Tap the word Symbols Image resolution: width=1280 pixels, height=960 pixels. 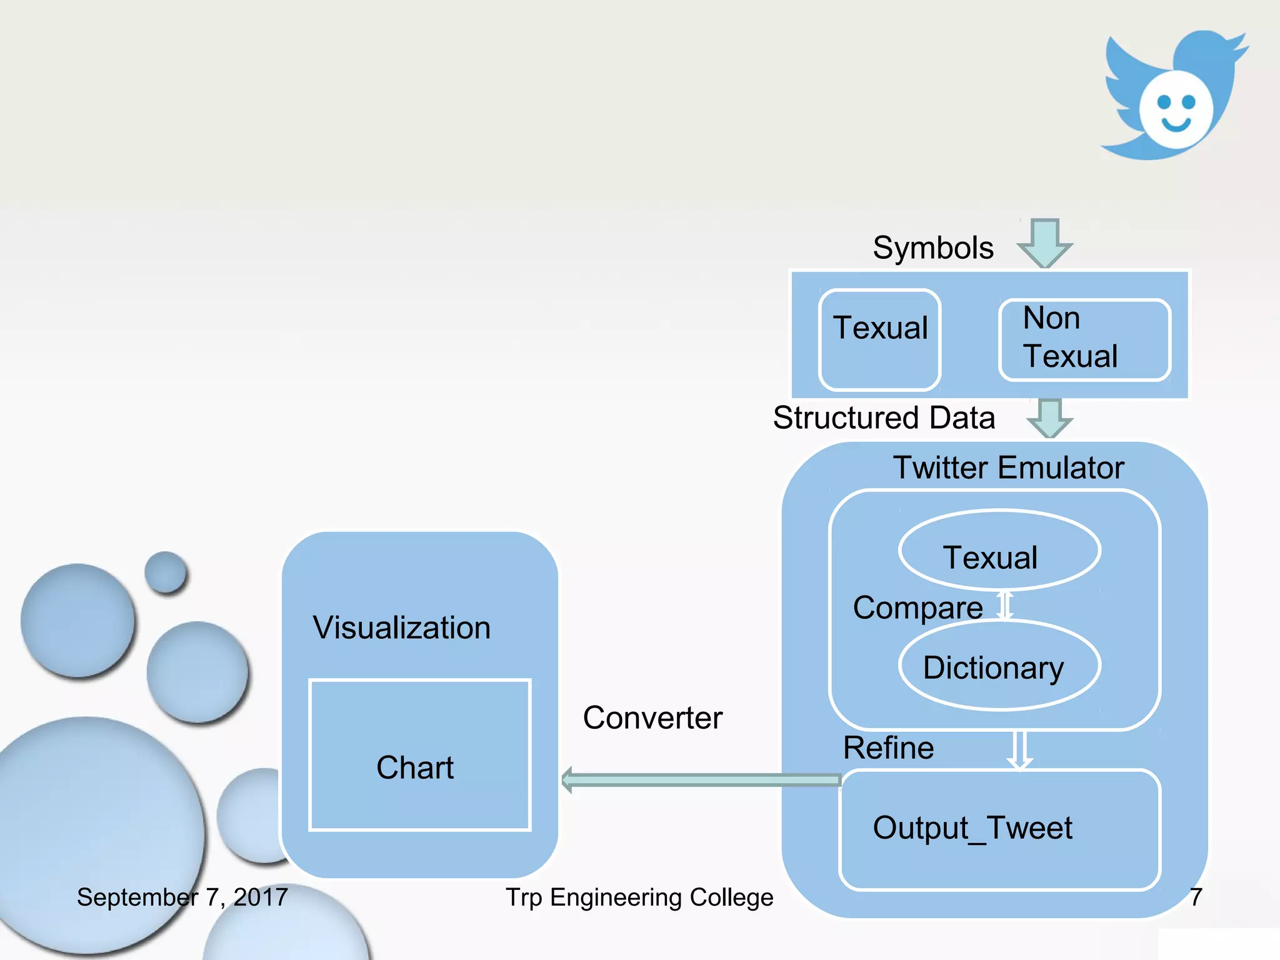coord(932,247)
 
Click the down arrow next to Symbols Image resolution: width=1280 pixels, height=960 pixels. coord(1044,242)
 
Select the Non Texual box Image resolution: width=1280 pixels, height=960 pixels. coord(1084,339)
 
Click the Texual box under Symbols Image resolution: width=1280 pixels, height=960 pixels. coord(879,339)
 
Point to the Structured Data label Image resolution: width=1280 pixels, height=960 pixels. coord(883,417)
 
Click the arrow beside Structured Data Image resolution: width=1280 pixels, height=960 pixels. coord(1049,417)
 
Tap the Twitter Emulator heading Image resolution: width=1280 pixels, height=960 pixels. coord(1008,467)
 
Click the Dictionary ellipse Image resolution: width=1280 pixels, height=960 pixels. coord(999,666)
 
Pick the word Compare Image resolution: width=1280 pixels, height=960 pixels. coord(917,607)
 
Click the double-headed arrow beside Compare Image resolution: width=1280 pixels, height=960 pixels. coord(1004,605)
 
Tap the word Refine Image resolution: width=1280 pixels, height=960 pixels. coord(888,747)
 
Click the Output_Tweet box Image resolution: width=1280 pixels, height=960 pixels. coord(999,829)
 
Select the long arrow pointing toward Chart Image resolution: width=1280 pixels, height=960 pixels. coord(700,780)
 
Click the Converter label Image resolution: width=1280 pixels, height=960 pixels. coord(652,717)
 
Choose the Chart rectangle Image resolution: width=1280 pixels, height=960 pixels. coord(419,755)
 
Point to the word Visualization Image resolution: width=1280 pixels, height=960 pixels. coord(402,627)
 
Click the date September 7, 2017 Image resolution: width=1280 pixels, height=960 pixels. coord(182,897)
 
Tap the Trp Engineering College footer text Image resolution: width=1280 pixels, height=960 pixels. coord(639,897)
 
